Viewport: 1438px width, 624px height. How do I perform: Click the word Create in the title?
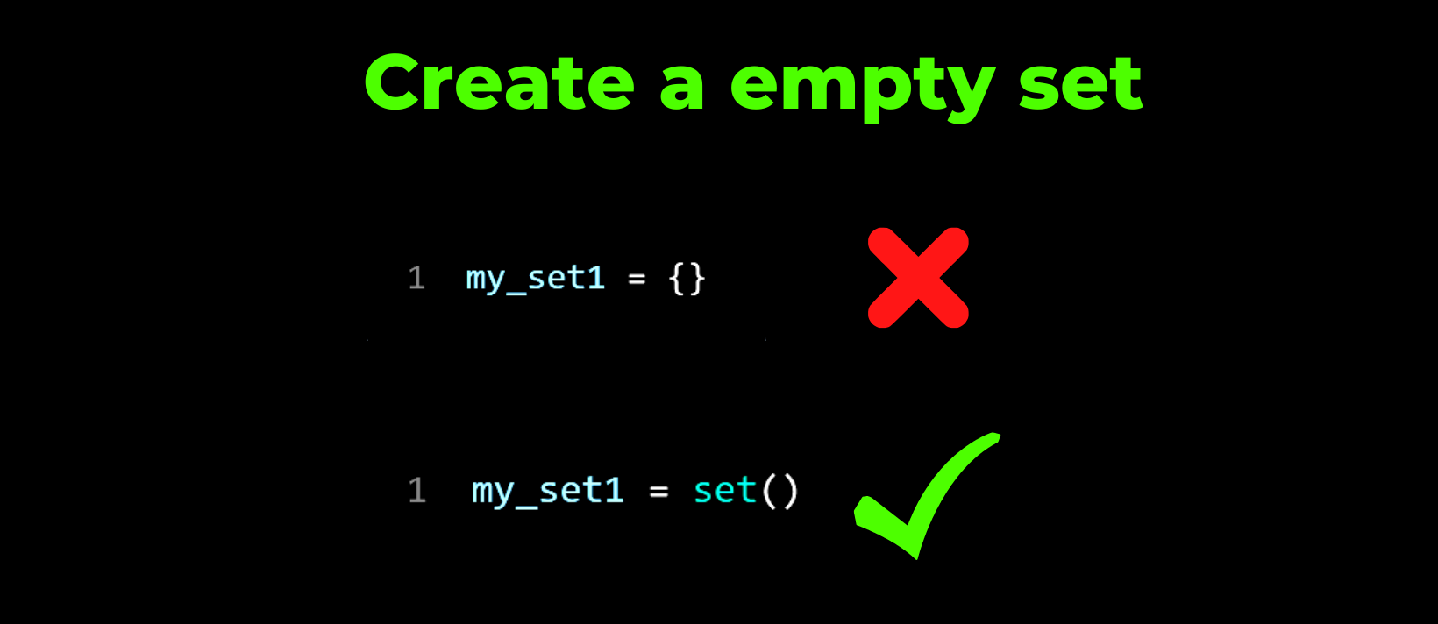[x=499, y=82]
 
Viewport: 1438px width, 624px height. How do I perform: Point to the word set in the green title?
[x=1081, y=84]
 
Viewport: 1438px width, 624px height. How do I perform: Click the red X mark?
[x=918, y=277]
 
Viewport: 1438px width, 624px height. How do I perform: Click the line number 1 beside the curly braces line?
[x=416, y=278]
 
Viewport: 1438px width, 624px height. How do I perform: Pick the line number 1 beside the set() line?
[x=417, y=491]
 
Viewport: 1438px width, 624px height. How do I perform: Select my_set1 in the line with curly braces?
[x=536, y=280]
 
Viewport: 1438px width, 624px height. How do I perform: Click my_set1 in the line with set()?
[x=548, y=492]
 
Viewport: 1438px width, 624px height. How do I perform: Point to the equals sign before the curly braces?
[x=637, y=279]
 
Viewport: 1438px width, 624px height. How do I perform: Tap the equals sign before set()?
[x=658, y=492]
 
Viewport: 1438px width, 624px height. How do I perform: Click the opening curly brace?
[x=677, y=280]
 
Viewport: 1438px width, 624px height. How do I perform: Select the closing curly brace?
[x=697, y=280]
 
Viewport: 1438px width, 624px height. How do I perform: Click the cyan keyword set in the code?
[x=725, y=491]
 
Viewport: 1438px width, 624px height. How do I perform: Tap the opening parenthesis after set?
[x=769, y=492]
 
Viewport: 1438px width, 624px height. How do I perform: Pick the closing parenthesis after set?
[x=790, y=492]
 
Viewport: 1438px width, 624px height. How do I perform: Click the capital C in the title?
[x=393, y=82]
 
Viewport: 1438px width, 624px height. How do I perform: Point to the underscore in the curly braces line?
[x=516, y=294]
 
